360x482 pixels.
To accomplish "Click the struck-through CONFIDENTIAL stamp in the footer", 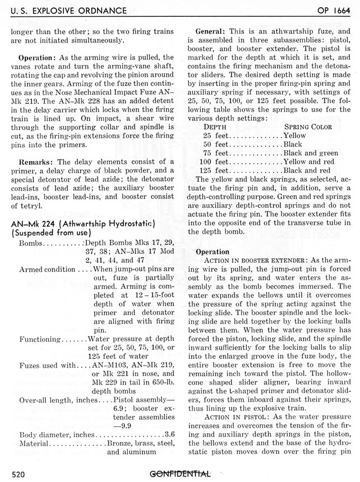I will pyautogui.click(x=180, y=474).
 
